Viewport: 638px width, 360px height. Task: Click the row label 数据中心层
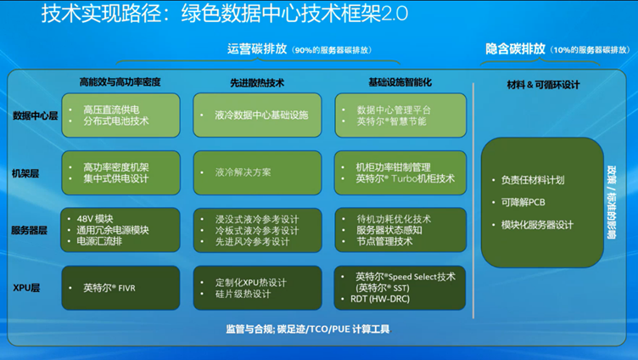(35, 115)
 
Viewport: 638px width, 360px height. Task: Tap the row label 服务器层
(31, 230)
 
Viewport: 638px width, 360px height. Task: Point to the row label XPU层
(26, 288)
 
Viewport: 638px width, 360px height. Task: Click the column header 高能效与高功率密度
(120, 82)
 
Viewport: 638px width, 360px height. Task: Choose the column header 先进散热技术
(257, 82)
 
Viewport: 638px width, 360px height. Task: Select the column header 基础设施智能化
(400, 82)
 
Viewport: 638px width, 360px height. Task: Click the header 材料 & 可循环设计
(543, 84)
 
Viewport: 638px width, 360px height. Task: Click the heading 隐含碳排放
(515, 49)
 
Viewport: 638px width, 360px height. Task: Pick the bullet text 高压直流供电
(111, 110)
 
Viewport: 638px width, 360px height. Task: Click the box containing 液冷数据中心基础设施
(257, 115)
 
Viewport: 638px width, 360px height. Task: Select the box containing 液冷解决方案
(257, 172)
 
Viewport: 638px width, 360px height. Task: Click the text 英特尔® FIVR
(109, 288)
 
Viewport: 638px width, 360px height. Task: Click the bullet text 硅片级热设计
(242, 294)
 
